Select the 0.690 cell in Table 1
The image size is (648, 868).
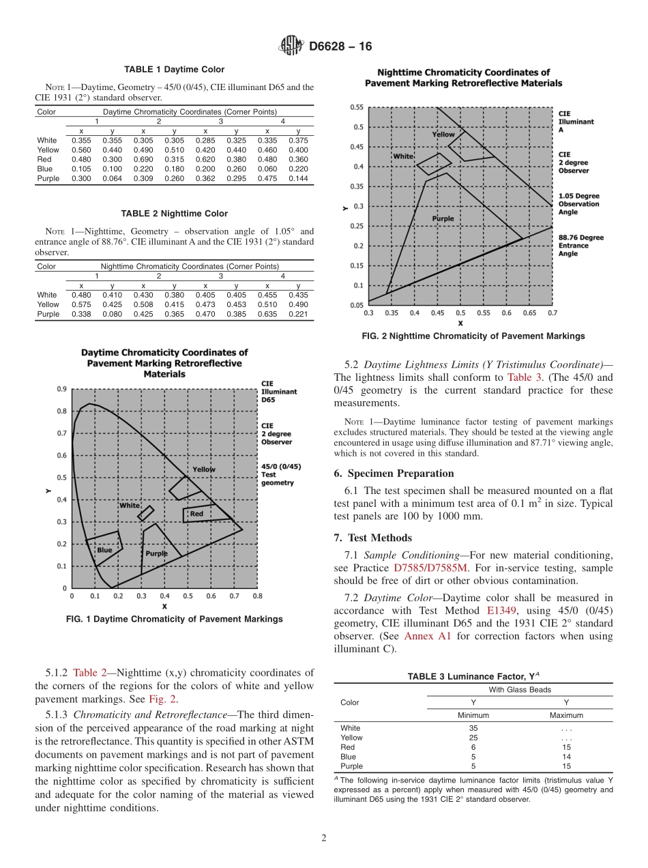pos(143,160)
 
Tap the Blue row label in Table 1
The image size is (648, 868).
pos(44,169)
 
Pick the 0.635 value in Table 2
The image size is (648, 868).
pos(267,315)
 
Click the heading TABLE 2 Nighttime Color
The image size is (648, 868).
pos(174,214)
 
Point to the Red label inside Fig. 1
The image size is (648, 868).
pos(196,513)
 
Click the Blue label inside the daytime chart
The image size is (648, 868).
pos(104,550)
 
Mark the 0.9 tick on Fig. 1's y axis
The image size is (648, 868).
pos(61,389)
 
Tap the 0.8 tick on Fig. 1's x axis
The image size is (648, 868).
pos(257,596)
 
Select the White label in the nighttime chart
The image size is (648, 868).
pos(403,156)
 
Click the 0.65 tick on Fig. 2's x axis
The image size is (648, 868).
pos(529,313)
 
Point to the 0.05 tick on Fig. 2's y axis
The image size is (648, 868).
pos(357,305)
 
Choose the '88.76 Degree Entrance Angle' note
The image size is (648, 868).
pos(580,246)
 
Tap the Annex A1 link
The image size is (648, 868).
pos(427,636)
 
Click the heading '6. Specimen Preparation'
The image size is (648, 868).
pos(394,474)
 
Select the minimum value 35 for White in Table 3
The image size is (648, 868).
pos(473,728)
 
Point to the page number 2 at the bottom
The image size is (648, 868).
pos(324,838)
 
